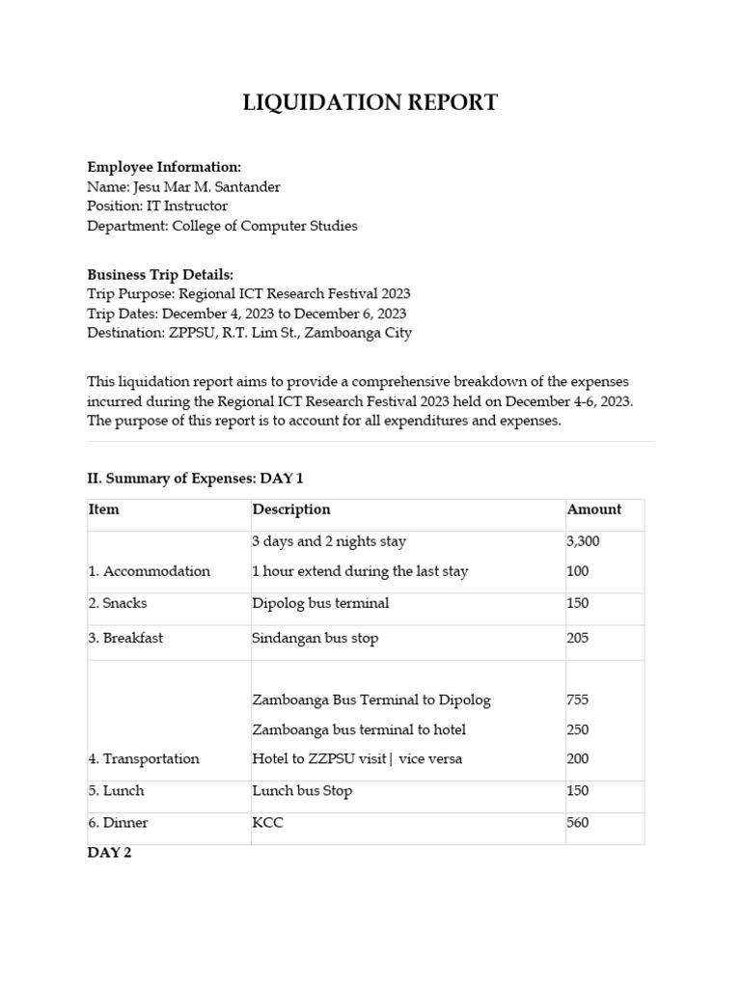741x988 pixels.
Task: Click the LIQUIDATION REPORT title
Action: click(x=370, y=102)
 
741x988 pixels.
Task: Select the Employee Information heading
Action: click(x=164, y=167)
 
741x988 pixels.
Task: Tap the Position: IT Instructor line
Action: click(x=157, y=206)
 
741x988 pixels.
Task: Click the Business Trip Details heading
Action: click(x=160, y=275)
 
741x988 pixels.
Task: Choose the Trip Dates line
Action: click(x=246, y=314)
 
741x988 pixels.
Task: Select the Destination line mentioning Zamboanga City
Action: click(x=249, y=333)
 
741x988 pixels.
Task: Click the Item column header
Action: click(x=104, y=509)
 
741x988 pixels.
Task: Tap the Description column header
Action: click(x=290, y=509)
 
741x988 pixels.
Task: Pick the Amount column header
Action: click(x=593, y=509)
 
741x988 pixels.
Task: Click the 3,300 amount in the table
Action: click(x=583, y=541)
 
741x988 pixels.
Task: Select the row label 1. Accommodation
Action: click(x=149, y=571)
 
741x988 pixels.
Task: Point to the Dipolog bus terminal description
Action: click(x=320, y=603)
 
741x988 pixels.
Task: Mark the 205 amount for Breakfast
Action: click(x=577, y=638)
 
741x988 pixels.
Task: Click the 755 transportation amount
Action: click(x=577, y=700)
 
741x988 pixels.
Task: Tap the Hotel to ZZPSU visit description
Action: click(x=357, y=758)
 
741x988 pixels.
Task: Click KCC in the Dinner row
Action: click(x=267, y=823)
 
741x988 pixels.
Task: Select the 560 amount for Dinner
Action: click(x=577, y=823)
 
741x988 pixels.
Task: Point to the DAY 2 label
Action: click(x=109, y=853)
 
